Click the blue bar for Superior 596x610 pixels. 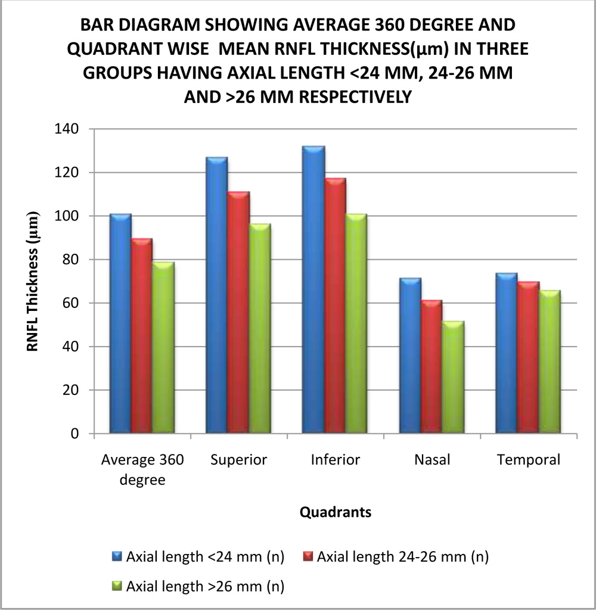216,295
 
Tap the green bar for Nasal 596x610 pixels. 453,377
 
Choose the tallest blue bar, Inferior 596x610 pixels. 313,290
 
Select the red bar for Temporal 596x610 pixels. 528,357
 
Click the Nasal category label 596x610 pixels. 432,460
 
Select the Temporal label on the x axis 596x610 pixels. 528,460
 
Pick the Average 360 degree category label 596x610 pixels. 142,469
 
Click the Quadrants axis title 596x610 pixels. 336,512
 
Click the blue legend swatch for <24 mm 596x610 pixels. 117,557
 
